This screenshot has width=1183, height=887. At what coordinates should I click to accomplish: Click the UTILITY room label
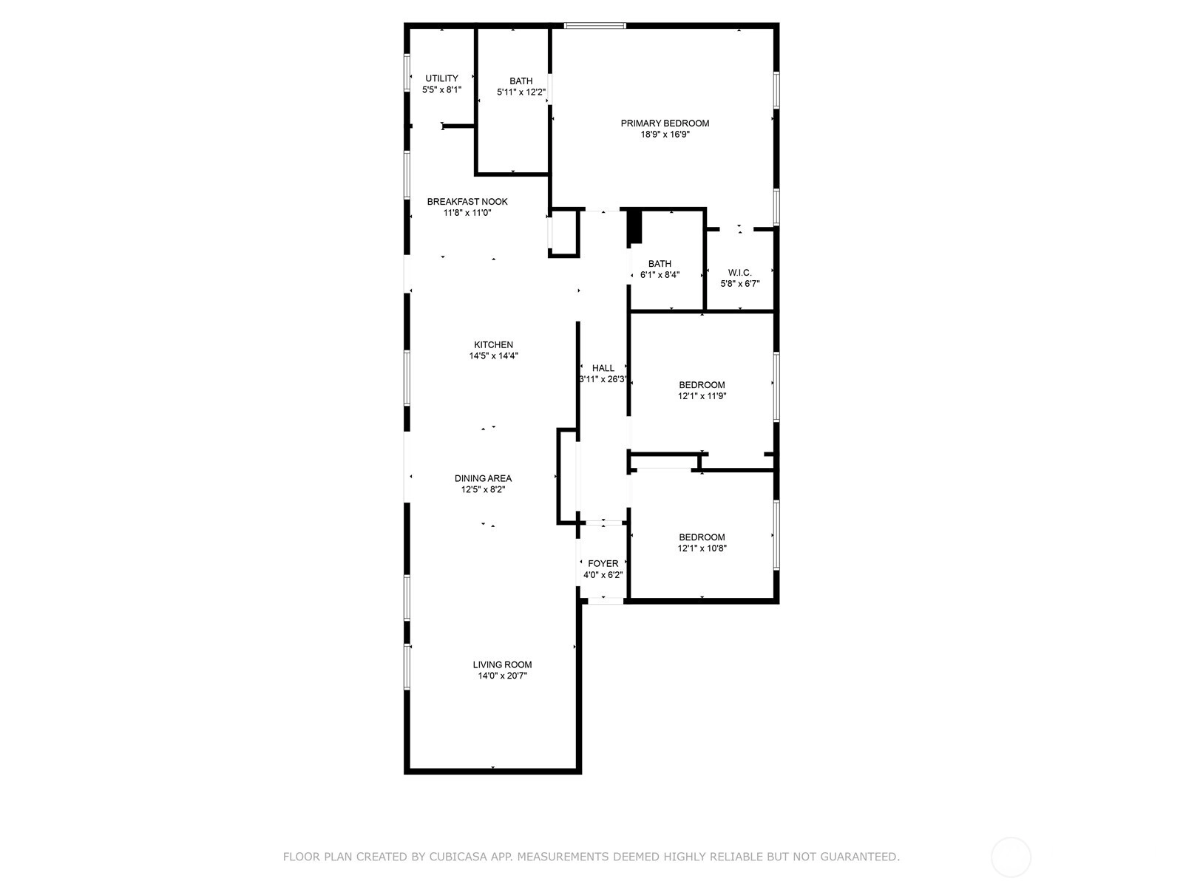441,78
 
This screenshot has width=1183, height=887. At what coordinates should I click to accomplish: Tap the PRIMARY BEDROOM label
665,123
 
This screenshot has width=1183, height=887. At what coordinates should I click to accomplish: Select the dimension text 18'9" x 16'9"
665,135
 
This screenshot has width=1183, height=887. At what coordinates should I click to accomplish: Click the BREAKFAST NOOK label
467,201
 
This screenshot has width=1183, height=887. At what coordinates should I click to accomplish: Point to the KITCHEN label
493,344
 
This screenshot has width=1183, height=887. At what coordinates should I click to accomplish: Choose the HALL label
603,368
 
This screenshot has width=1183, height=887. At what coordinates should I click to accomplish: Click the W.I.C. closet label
739,273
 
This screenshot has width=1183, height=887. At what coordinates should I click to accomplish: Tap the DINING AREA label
483,478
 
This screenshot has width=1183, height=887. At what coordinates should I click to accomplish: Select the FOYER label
603,563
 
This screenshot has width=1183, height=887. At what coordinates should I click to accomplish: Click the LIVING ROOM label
502,665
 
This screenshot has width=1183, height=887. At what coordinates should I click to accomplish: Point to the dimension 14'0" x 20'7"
502,676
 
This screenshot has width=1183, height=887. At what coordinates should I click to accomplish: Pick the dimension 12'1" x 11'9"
702,396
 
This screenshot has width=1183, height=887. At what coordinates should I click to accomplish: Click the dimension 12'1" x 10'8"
702,548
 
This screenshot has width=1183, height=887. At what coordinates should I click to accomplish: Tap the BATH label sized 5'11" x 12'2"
521,81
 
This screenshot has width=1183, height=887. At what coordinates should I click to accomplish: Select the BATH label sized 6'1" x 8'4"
660,264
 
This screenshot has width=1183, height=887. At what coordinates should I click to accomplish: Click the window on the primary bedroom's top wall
595,25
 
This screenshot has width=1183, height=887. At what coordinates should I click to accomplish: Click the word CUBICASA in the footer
456,857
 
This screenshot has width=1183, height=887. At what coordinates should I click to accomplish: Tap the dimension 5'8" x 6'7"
739,284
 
